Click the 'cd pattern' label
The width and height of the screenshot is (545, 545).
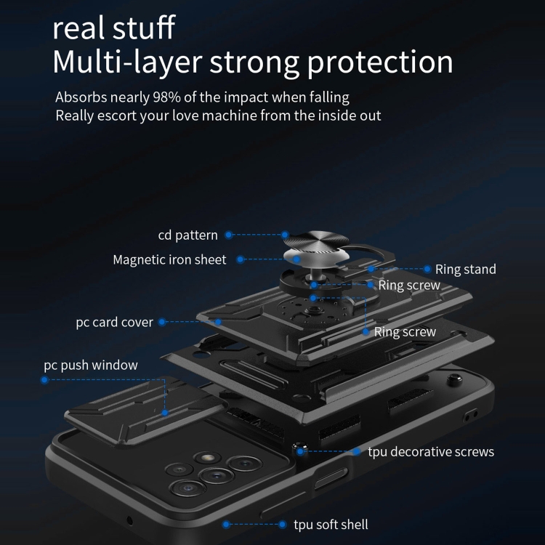pyautogui.click(x=187, y=235)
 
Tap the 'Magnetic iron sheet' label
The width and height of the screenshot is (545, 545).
pyautogui.click(x=169, y=259)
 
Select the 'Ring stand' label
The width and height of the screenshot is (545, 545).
pyautogui.click(x=466, y=270)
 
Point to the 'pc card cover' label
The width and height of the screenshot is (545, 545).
pyautogui.click(x=114, y=323)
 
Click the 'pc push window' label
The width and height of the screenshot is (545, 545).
pyautogui.click(x=91, y=366)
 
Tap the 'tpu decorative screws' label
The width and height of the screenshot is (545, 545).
pyautogui.click(x=431, y=452)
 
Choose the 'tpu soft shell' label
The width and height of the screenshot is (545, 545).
pyautogui.click(x=331, y=525)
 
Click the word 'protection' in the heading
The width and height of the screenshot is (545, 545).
pyautogui.click(x=380, y=63)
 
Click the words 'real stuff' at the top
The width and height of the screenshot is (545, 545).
pyautogui.click(x=114, y=28)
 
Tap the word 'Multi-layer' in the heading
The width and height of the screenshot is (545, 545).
pyautogui.click(x=128, y=62)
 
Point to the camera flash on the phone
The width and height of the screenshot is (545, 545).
pyautogui.click(x=207, y=458)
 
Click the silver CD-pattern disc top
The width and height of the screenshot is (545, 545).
pyautogui.click(x=316, y=241)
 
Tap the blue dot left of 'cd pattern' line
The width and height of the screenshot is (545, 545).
pyautogui.click(x=228, y=235)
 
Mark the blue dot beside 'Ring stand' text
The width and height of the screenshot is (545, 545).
pyautogui.click(x=427, y=269)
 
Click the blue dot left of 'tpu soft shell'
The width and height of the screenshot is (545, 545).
pyautogui.click(x=226, y=524)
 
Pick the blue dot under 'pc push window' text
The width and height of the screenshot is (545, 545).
pyautogui.click(x=44, y=380)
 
